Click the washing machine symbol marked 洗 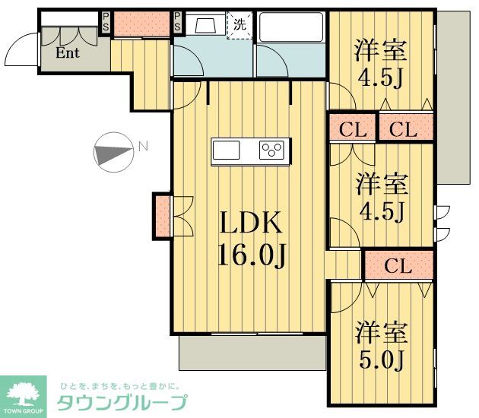click(239, 25)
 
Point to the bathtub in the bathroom click(291, 28)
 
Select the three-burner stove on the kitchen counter click(273, 150)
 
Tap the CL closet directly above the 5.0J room click(398, 266)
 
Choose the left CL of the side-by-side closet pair click(353, 128)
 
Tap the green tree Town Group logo click(25, 393)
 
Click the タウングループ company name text click(122, 403)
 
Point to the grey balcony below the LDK click(252, 353)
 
